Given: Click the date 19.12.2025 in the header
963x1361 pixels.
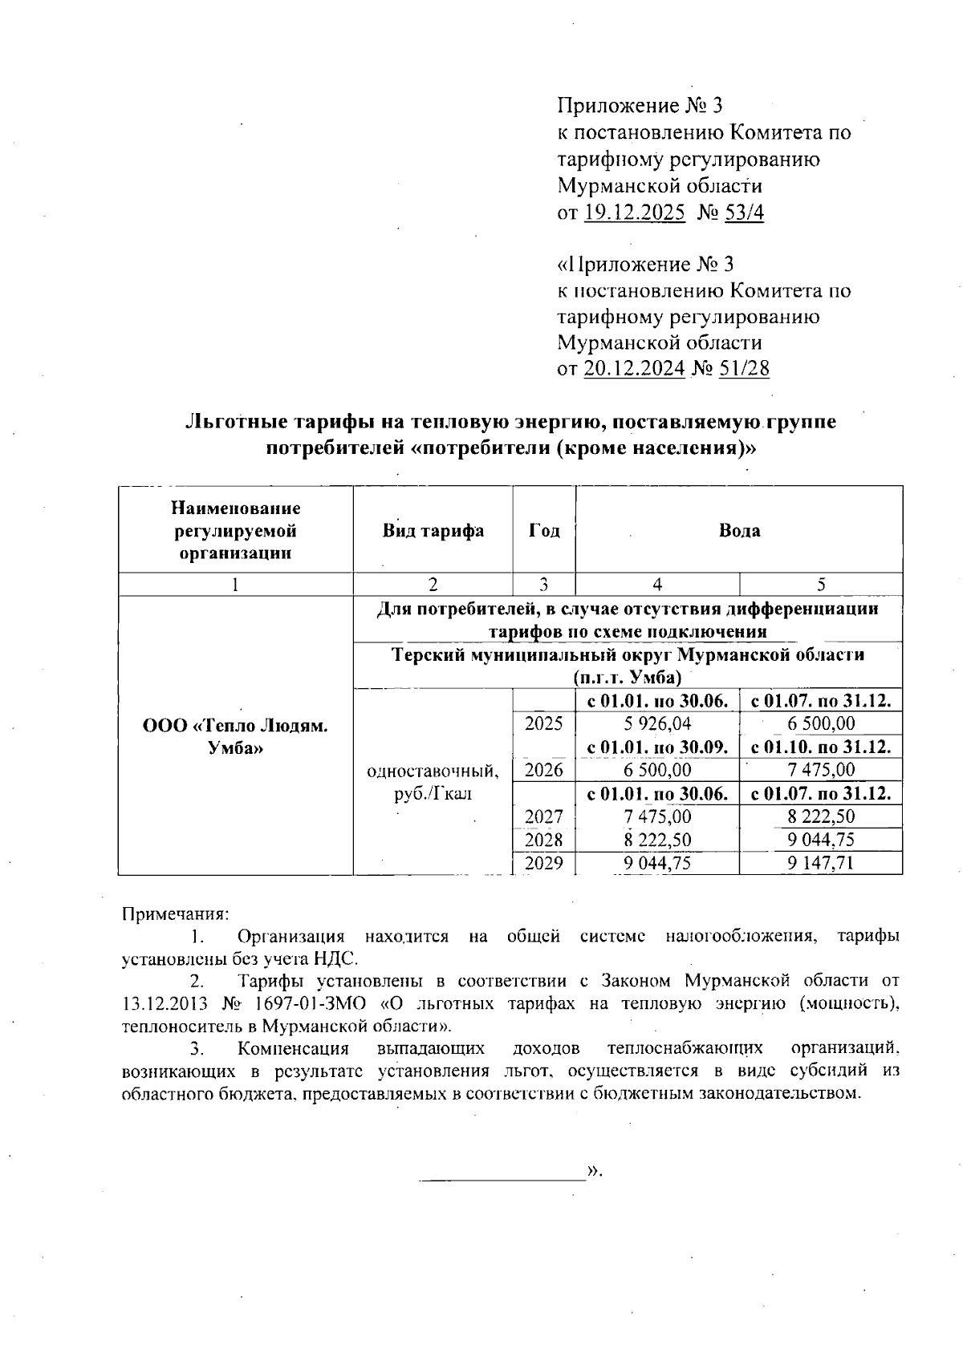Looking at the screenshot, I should point(634,213).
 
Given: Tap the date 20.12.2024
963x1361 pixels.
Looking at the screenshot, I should point(634,369).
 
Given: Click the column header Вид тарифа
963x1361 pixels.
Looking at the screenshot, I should point(433,531).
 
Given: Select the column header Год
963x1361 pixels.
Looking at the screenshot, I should point(544,531).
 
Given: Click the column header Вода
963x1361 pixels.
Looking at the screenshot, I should point(739,531).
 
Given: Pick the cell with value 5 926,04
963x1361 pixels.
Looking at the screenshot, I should point(657,723).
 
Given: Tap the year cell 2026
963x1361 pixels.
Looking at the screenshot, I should point(544,770).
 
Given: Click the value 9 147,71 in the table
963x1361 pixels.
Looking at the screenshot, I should point(820,863).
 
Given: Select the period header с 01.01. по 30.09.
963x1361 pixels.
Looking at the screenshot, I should point(657,747).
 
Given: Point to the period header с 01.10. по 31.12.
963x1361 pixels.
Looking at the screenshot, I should point(820,747).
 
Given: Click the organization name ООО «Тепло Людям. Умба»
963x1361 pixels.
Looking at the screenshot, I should point(235,736).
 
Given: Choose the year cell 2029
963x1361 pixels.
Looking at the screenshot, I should point(544,863).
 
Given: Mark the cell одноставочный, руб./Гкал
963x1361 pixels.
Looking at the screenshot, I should point(433,783).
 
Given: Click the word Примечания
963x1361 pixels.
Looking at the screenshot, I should point(175,913).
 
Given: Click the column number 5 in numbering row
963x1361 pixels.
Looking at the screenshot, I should point(820,585).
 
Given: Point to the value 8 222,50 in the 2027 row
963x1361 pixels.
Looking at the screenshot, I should point(820,816).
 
